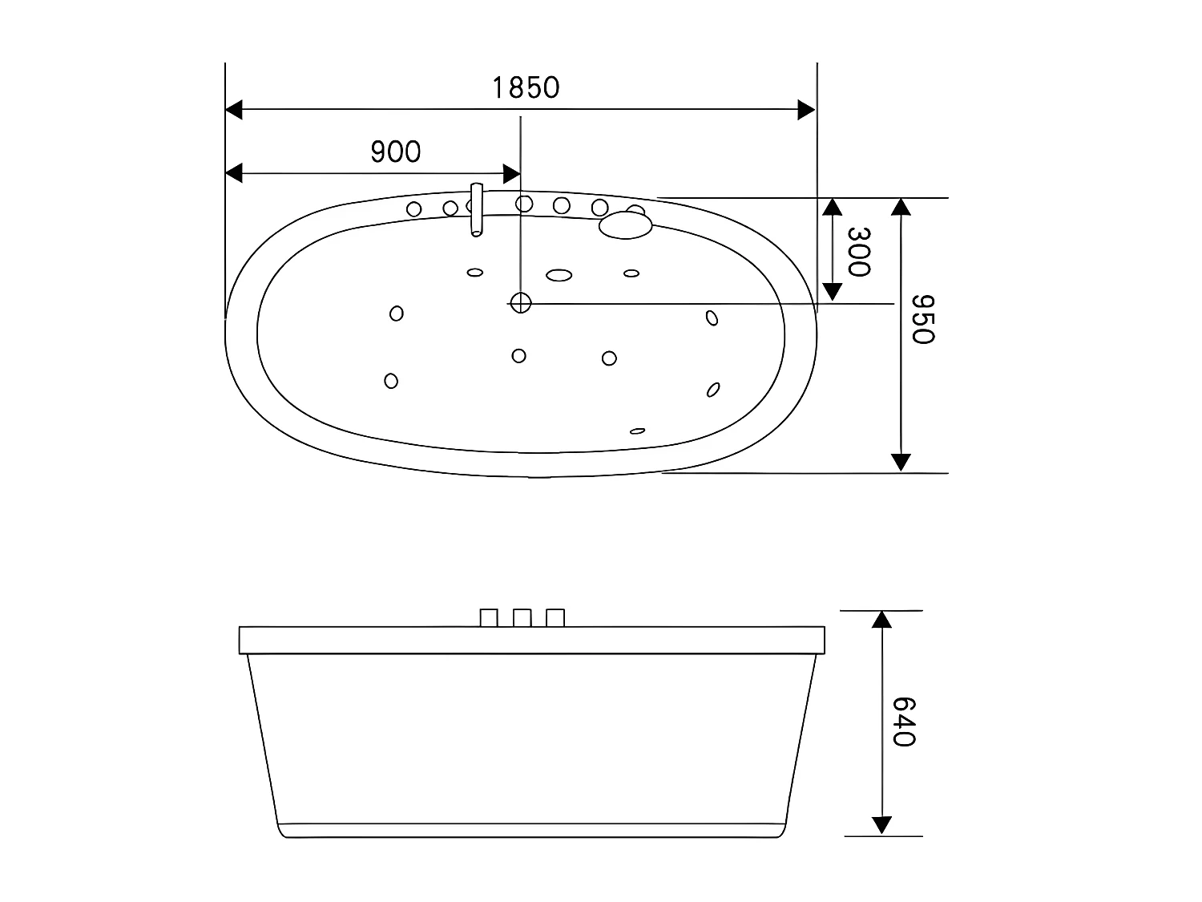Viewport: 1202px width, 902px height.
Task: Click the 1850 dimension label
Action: click(526, 87)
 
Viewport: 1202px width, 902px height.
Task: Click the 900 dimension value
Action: click(396, 151)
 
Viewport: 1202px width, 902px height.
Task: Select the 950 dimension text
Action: click(924, 318)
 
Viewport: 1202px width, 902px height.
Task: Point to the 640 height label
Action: click(903, 722)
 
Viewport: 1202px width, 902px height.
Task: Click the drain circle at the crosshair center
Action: click(521, 302)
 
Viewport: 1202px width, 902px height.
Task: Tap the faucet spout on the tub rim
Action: click(477, 210)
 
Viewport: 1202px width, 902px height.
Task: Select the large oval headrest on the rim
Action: click(625, 224)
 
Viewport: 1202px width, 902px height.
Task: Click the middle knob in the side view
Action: click(522, 618)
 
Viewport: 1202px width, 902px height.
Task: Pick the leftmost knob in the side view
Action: click(489, 618)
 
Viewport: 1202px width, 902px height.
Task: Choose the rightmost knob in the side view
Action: click(555, 618)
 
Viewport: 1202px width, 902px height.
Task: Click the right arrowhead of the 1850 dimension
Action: click(806, 111)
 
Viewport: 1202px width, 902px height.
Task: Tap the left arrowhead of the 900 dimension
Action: click(234, 172)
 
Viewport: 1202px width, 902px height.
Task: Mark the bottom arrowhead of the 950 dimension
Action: click(901, 462)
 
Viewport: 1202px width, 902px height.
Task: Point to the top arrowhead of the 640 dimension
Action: click(881, 620)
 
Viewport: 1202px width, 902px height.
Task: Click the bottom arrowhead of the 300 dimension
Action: click(833, 291)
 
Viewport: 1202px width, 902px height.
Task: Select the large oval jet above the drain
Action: click(559, 275)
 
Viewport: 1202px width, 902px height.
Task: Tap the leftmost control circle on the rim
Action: click(414, 209)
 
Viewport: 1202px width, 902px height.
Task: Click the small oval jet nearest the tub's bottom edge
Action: click(637, 431)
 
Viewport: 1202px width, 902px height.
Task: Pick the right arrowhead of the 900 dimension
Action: click(511, 172)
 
